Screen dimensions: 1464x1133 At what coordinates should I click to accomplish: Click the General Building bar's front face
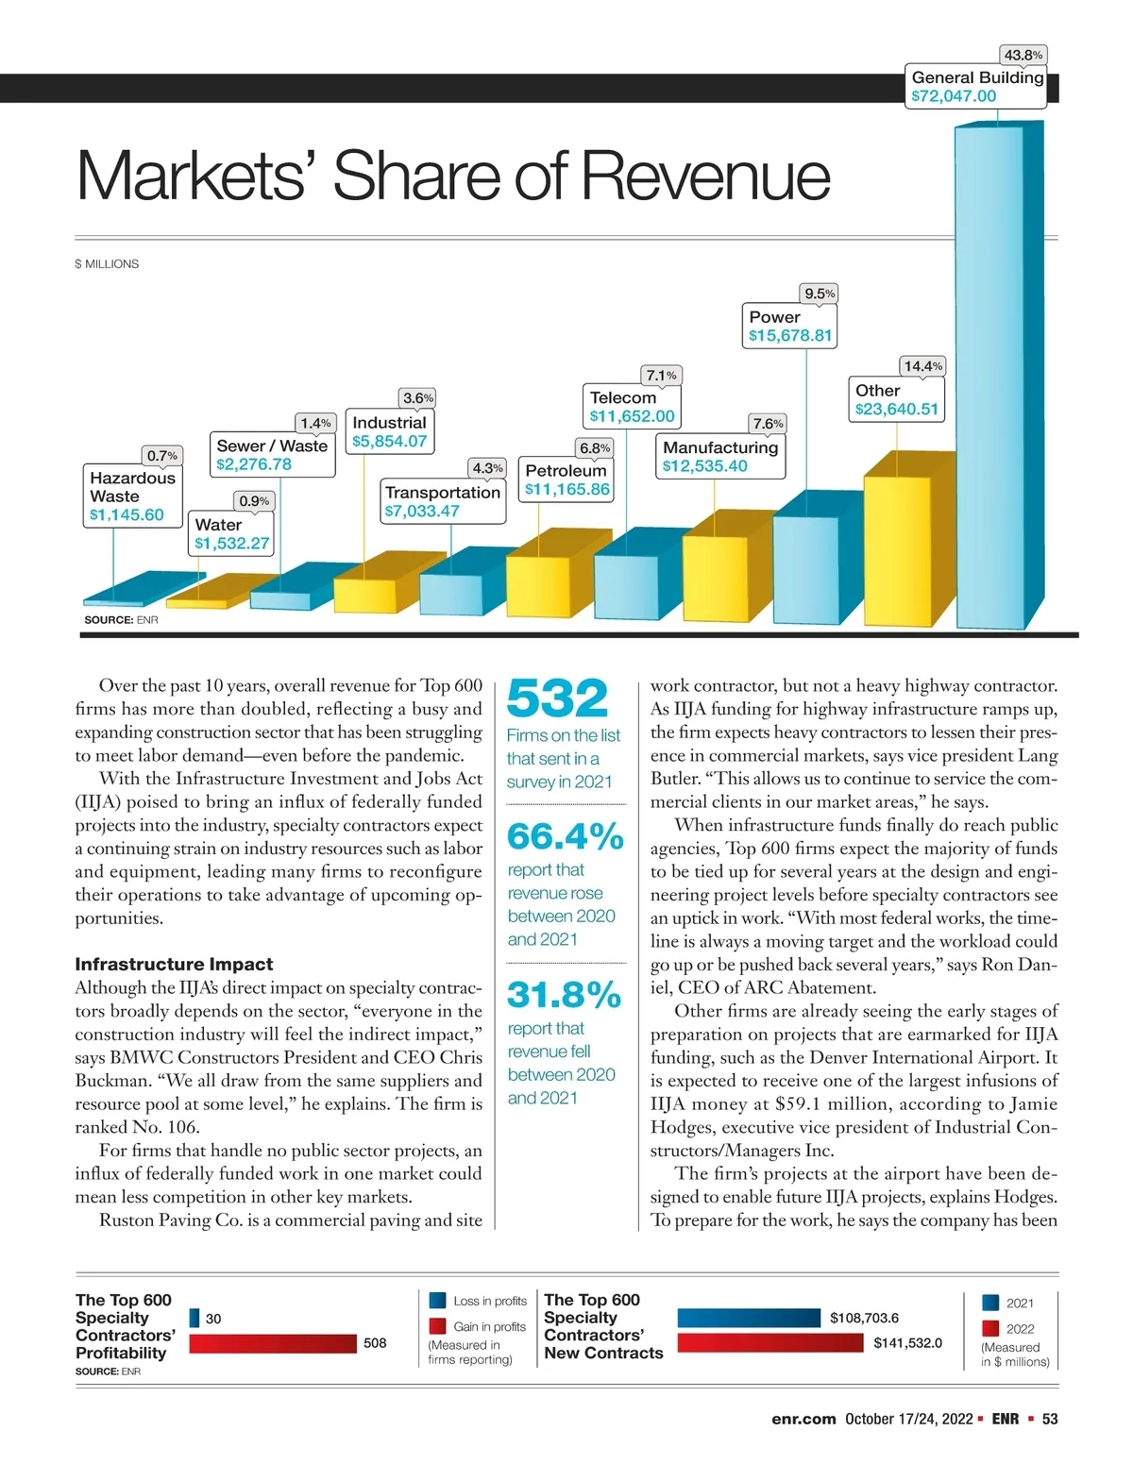[989, 378]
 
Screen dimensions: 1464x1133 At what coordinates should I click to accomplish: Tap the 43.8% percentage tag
[1023, 56]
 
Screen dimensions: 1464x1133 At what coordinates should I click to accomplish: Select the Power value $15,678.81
[791, 336]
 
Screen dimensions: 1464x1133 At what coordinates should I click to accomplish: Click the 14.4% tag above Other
[923, 366]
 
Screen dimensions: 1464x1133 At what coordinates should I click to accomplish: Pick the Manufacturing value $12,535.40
[704, 466]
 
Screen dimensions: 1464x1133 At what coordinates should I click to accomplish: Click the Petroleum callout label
[566, 480]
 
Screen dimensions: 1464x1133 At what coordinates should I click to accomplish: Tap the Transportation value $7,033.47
[421, 512]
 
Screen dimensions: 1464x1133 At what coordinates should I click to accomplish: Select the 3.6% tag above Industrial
[418, 398]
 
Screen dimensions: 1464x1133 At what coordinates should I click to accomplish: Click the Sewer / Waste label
[272, 446]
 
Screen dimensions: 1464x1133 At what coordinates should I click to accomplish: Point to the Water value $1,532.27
[231, 544]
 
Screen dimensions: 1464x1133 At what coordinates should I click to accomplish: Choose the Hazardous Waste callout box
[132, 496]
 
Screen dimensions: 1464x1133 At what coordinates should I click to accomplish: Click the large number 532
[557, 698]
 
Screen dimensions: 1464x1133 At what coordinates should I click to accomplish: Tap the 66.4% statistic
[566, 836]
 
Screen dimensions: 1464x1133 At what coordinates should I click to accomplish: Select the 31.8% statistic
[564, 995]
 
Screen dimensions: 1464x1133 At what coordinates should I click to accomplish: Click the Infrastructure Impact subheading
[174, 965]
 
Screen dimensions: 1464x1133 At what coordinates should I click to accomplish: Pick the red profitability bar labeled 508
[273, 1343]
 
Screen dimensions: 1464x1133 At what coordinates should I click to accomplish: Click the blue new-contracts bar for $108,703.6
[749, 1318]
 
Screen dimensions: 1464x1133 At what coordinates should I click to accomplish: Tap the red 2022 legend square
[990, 1328]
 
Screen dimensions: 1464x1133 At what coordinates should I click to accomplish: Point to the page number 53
[1049, 1419]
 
